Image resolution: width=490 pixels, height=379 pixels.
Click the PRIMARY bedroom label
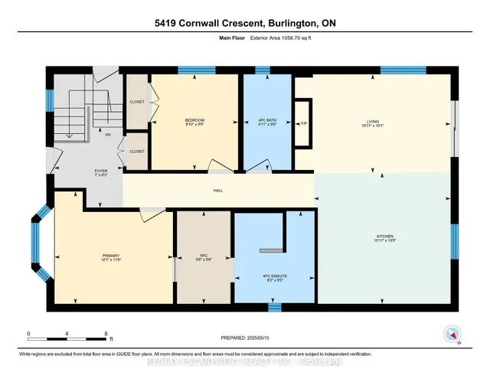click(x=110, y=256)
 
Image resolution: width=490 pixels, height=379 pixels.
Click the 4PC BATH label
click(x=267, y=121)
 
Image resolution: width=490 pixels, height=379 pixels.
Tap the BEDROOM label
click(x=194, y=120)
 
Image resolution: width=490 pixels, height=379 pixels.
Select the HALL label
click(x=218, y=190)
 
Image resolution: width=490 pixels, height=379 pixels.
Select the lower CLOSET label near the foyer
click(x=137, y=152)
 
